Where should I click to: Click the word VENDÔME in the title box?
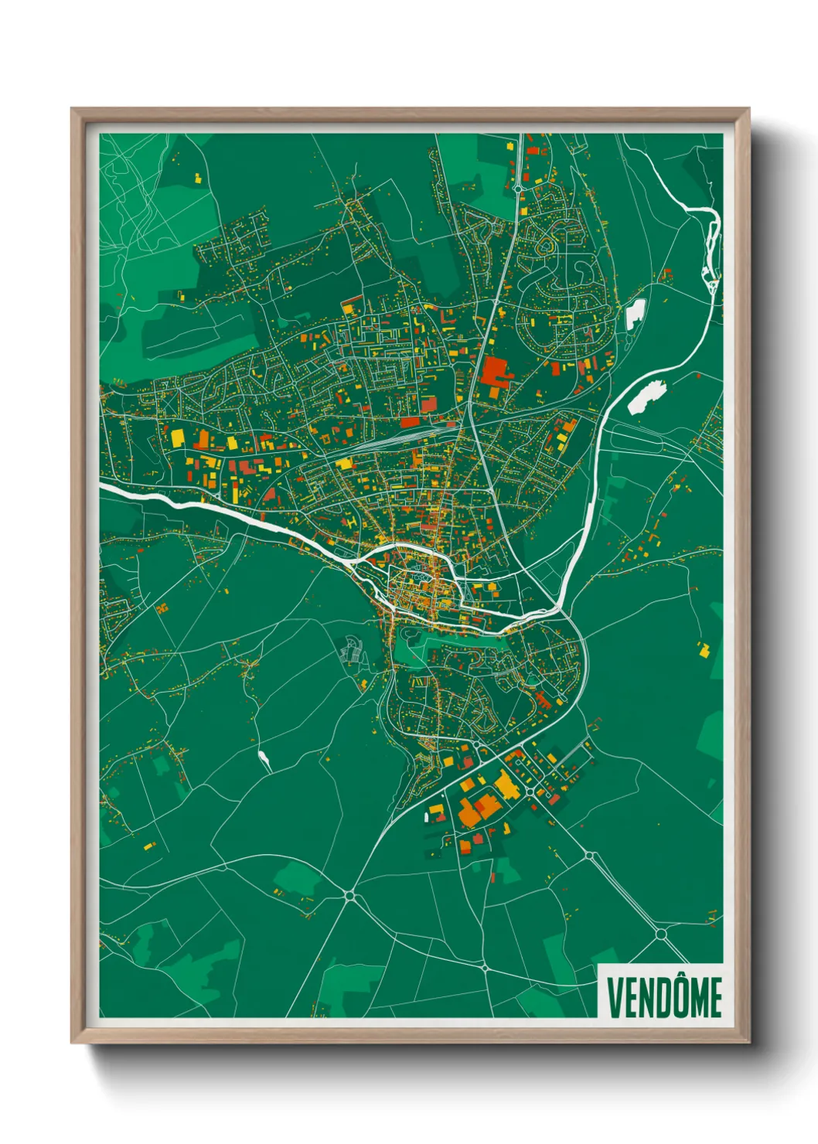pyautogui.click(x=664, y=997)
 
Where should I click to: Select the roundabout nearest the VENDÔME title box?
pyautogui.click(x=661, y=934)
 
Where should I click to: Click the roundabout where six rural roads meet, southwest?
pyautogui.click(x=349, y=896)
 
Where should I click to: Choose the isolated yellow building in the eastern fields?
pyautogui.click(x=703, y=649)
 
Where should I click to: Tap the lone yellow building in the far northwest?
pyautogui.click(x=196, y=178)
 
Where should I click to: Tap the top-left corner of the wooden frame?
pyautogui.click(x=73, y=109)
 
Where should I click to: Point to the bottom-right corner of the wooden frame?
pyautogui.click(x=748, y=1042)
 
